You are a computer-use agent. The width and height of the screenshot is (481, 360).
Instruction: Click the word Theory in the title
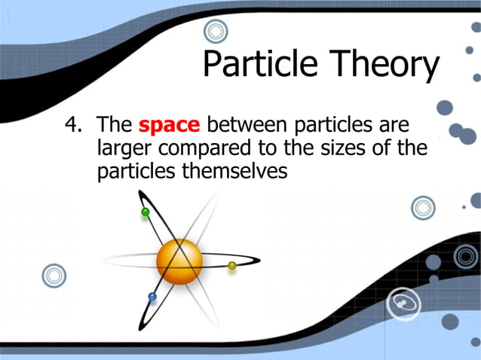tap(381, 66)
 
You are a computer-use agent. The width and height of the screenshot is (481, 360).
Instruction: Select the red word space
tap(170, 124)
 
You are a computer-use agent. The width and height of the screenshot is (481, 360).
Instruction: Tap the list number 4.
tap(72, 124)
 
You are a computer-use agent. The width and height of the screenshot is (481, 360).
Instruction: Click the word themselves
tap(236, 171)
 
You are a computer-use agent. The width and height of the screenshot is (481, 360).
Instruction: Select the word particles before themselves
tap(138, 171)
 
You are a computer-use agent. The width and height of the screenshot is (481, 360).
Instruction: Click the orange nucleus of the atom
tap(179, 261)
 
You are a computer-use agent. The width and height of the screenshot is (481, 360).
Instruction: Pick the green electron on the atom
tap(146, 212)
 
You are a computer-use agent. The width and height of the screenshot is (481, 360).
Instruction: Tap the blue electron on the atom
tap(152, 297)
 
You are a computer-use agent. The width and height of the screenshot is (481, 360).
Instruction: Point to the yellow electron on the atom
tap(232, 265)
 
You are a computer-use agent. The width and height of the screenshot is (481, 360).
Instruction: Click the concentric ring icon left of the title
tap(216, 31)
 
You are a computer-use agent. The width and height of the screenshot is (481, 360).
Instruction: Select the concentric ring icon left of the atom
tap(54, 276)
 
